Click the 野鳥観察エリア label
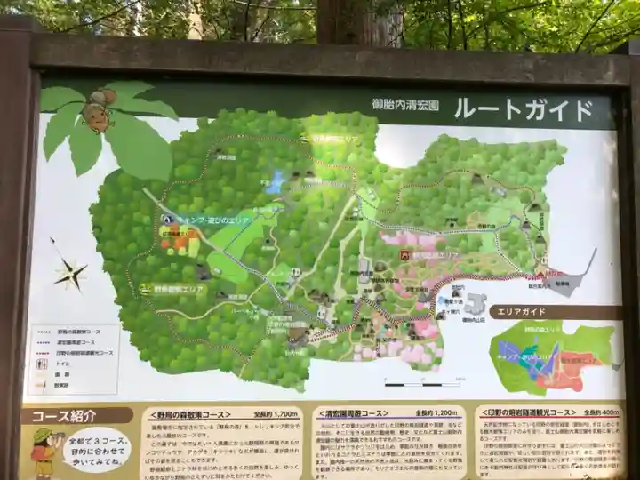(179, 288)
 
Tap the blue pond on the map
(276, 182)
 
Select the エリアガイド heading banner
(552, 312)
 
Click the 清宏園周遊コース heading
(353, 413)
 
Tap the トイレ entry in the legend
(62, 364)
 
